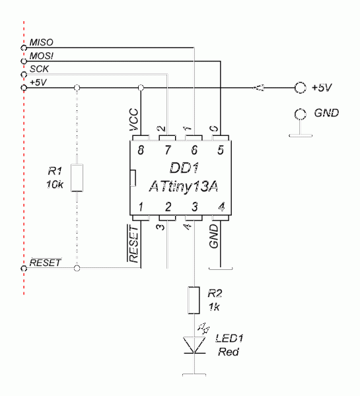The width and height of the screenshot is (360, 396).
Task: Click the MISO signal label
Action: point(41,42)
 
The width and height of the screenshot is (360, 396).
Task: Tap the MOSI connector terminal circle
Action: point(24,61)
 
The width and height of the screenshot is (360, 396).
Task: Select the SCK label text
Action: point(39,69)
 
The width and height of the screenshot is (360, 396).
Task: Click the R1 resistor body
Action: point(77,178)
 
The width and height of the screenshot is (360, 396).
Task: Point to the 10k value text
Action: point(55,185)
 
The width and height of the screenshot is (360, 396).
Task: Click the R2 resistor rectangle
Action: point(194,300)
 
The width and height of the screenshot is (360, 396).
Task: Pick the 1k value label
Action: point(214,307)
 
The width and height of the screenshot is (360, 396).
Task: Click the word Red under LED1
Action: point(229,352)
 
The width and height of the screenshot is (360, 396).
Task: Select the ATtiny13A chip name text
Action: point(184,186)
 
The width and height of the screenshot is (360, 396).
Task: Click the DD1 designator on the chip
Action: point(184,168)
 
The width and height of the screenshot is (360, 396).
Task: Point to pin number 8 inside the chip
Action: point(141,150)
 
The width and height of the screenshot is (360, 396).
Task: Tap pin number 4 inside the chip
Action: point(221,207)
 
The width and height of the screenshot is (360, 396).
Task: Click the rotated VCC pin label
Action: point(133,119)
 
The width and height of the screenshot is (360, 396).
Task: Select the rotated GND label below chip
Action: point(213,236)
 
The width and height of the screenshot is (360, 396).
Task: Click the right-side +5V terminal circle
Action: point(301,88)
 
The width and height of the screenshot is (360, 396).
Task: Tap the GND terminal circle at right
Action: point(301,114)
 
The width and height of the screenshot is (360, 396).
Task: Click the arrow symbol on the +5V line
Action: point(258,88)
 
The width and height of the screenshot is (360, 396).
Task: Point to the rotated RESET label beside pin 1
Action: point(133,244)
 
